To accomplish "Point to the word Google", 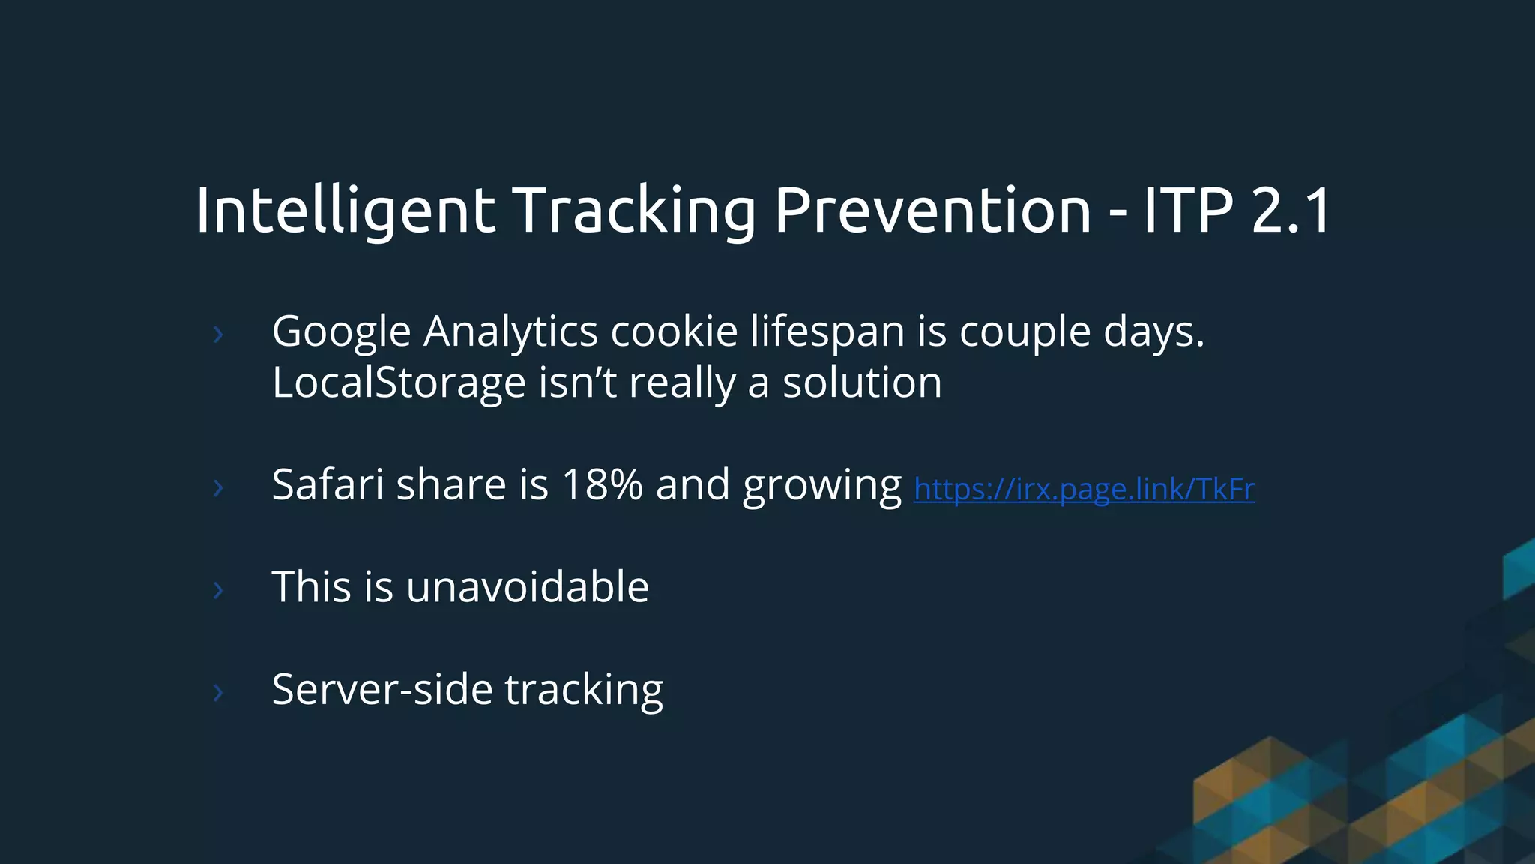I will tap(341, 331).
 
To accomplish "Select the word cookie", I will tap(674, 331).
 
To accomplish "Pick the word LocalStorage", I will tap(399, 382).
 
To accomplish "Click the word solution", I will tap(862, 382).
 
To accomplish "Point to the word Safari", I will tap(328, 484).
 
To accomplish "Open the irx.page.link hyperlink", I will tap(1084, 489).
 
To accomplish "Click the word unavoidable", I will tap(527, 586).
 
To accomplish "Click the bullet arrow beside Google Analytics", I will tap(218, 334).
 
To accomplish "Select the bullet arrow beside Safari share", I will tap(218, 488).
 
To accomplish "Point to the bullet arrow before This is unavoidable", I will tap(218, 590).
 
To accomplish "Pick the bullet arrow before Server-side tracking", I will tap(218, 692).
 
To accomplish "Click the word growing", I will tap(821, 486).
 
